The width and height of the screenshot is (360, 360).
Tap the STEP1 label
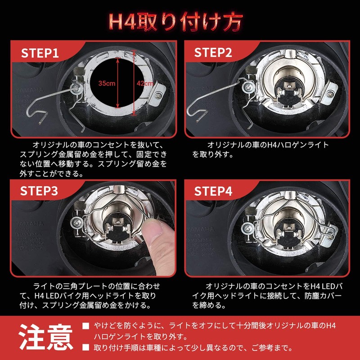click(x=40, y=54)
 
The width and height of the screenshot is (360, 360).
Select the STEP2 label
click(x=213, y=54)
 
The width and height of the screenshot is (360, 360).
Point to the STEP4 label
click(x=213, y=190)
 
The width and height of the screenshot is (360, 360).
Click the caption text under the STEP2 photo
click(x=261, y=149)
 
